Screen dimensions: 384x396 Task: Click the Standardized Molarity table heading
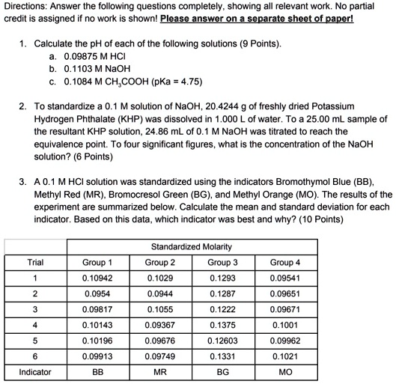(192, 246)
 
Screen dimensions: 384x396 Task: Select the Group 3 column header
(223, 262)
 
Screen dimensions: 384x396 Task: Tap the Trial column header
(35, 262)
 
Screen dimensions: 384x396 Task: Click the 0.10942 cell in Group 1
(97, 278)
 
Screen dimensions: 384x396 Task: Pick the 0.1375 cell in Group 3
(223, 325)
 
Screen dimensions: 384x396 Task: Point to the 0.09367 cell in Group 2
(160, 325)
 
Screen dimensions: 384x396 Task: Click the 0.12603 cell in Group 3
(223, 341)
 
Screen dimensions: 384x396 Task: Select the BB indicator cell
(97, 372)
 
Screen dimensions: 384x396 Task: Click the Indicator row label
(35, 372)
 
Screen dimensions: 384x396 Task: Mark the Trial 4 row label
(35, 325)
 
